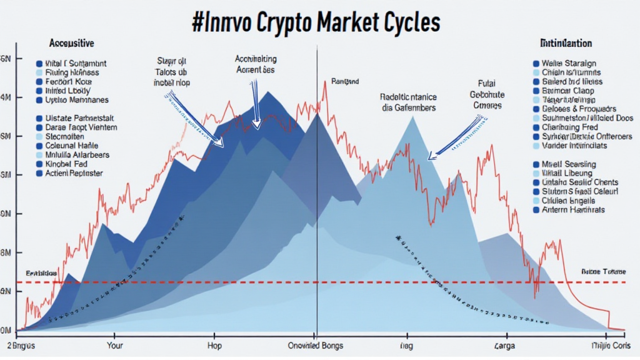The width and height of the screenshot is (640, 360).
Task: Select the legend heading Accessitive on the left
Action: (x=71, y=44)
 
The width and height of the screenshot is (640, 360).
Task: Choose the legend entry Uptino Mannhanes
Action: (x=77, y=99)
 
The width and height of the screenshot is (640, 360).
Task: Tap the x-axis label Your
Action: (x=116, y=345)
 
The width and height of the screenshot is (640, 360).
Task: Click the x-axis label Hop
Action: (x=214, y=345)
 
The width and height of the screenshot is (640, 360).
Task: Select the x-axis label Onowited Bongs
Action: (x=312, y=345)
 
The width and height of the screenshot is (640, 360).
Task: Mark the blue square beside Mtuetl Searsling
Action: (x=536, y=164)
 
